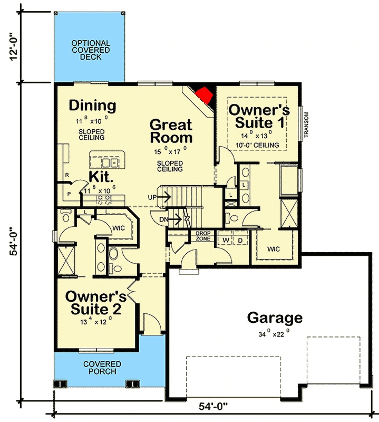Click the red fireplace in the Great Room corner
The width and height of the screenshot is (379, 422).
(x=203, y=95)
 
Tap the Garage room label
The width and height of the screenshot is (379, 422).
(x=275, y=318)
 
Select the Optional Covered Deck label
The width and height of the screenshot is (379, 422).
(x=91, y=50)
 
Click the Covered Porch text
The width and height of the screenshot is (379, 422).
(x=102, y=368)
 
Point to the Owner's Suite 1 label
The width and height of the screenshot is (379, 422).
(x=259, y=117)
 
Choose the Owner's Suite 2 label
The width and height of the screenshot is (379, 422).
(x=96, y=302)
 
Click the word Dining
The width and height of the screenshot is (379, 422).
(x=92, y=105)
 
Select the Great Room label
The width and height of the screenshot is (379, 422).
(x=171, y=131)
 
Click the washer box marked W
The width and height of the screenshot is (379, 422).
(x=225, y=240)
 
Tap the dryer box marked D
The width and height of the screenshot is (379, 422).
(x=240, y=240)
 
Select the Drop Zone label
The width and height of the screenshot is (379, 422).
(x=203, y=236)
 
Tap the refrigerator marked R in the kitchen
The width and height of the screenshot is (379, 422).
(x=67, y=175)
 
